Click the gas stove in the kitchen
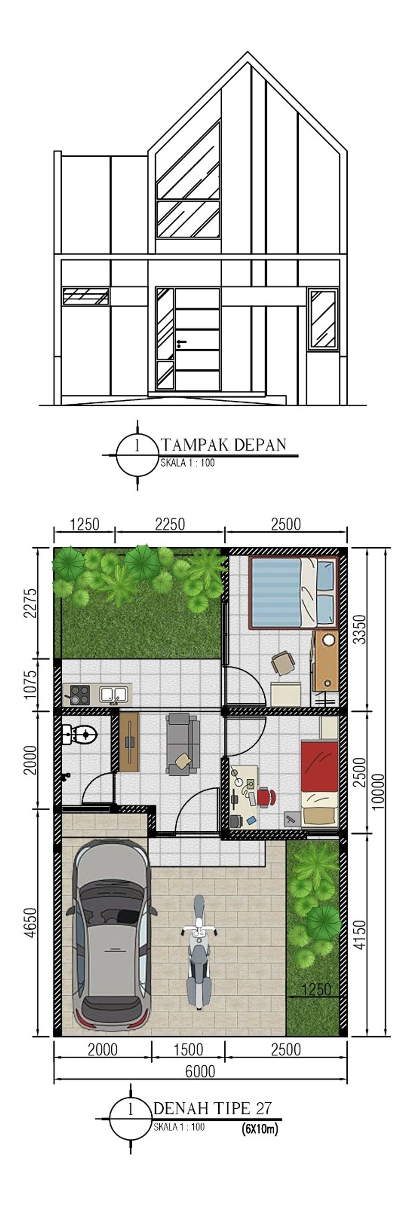80,694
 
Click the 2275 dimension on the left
30,603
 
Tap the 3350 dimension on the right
359,629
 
